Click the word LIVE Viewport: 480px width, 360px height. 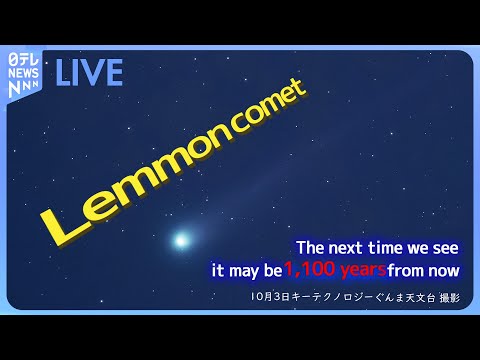point(89,72)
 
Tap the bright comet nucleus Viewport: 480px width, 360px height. point(181,240)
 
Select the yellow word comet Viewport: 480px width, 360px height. point(269,107)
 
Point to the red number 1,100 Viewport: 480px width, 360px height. point(310,269)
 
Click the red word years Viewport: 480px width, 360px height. point(363,271)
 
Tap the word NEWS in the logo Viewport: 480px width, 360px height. point(23,73)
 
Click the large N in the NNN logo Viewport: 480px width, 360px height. point(14,89)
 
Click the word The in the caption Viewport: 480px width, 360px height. point(310,248)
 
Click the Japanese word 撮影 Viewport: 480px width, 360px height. point(450,298)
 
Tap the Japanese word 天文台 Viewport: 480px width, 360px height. point(420,297)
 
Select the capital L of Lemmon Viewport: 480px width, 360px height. point(63,227)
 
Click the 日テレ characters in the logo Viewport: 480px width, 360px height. point(23,60)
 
